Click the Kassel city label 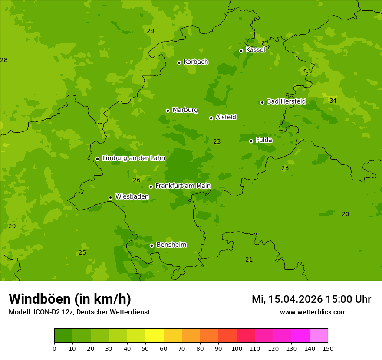[255, 50]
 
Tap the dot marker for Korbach [179, 62]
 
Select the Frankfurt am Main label [183, 186]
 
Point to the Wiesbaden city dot [110, 197]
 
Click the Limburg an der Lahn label [134, 158]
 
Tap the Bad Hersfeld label [286, 101]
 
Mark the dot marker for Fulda [251, 141]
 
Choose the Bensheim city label [171, 245]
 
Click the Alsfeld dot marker [211, 118]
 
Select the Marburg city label [185, 110]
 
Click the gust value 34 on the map [333, 101]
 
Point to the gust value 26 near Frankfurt [136, 180]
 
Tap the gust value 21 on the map [249, 259]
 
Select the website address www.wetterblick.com [313, 312]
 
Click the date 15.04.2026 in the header [295, 299]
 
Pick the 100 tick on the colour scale [237, 348]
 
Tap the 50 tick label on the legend [145, 348]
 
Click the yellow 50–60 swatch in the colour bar [155, 336]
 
